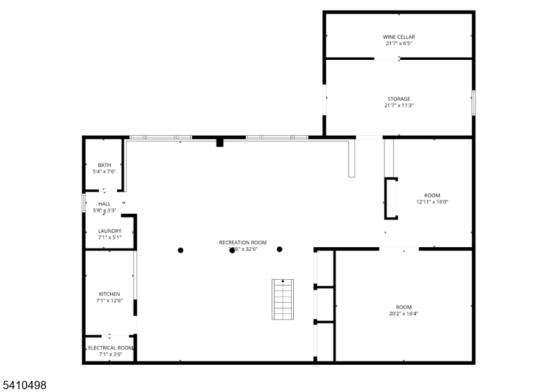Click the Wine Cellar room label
click(399, 37)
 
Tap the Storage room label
click(399, 99)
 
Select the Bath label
click(104, 165)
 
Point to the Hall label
click(104, 203)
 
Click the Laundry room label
click(110, 231)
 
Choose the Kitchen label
click(110, 294)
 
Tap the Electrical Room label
click(110, 347)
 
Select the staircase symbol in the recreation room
click(283, 299)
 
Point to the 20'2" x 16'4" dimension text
click(403, 313)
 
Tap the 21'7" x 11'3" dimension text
click(399, 106)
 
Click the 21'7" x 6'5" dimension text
click(399, 43)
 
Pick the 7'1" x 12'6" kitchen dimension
click(110, 301)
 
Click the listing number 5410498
click(24, 384)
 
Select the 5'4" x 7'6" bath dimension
click(104, 171)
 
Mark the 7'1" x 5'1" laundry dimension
click(110, 237)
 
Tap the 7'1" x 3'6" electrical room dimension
click(110, 354)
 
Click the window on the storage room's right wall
click(473, 102)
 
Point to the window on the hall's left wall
click(84, 203)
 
